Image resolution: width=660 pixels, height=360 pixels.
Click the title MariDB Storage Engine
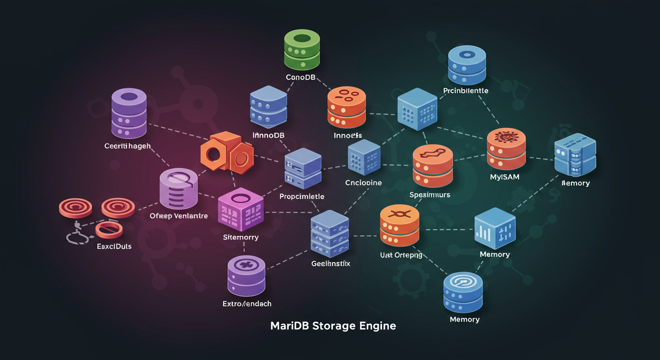333,326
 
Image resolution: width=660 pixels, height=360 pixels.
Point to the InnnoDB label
269,135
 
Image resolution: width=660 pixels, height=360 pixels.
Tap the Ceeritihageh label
127,146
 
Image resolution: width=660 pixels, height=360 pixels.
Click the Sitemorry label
240,237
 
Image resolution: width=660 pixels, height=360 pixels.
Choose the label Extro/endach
247,304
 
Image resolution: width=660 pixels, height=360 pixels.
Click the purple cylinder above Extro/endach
246,274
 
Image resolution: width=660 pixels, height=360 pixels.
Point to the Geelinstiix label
330,264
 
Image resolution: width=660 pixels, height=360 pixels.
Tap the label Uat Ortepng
401,255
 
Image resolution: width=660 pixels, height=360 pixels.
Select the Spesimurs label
429,195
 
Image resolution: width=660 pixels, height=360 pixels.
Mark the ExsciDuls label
114,246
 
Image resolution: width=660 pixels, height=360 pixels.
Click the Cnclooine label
363,183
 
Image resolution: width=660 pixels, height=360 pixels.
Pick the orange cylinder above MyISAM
506,149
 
